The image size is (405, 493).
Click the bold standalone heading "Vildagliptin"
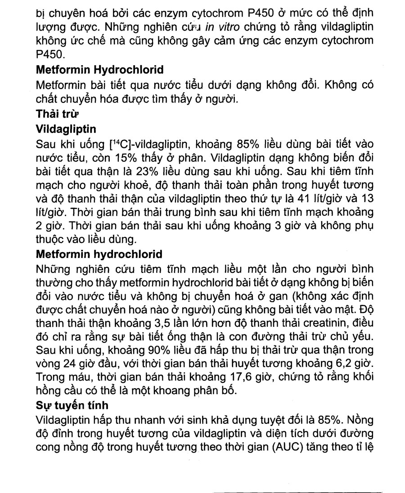coord(66,129)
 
